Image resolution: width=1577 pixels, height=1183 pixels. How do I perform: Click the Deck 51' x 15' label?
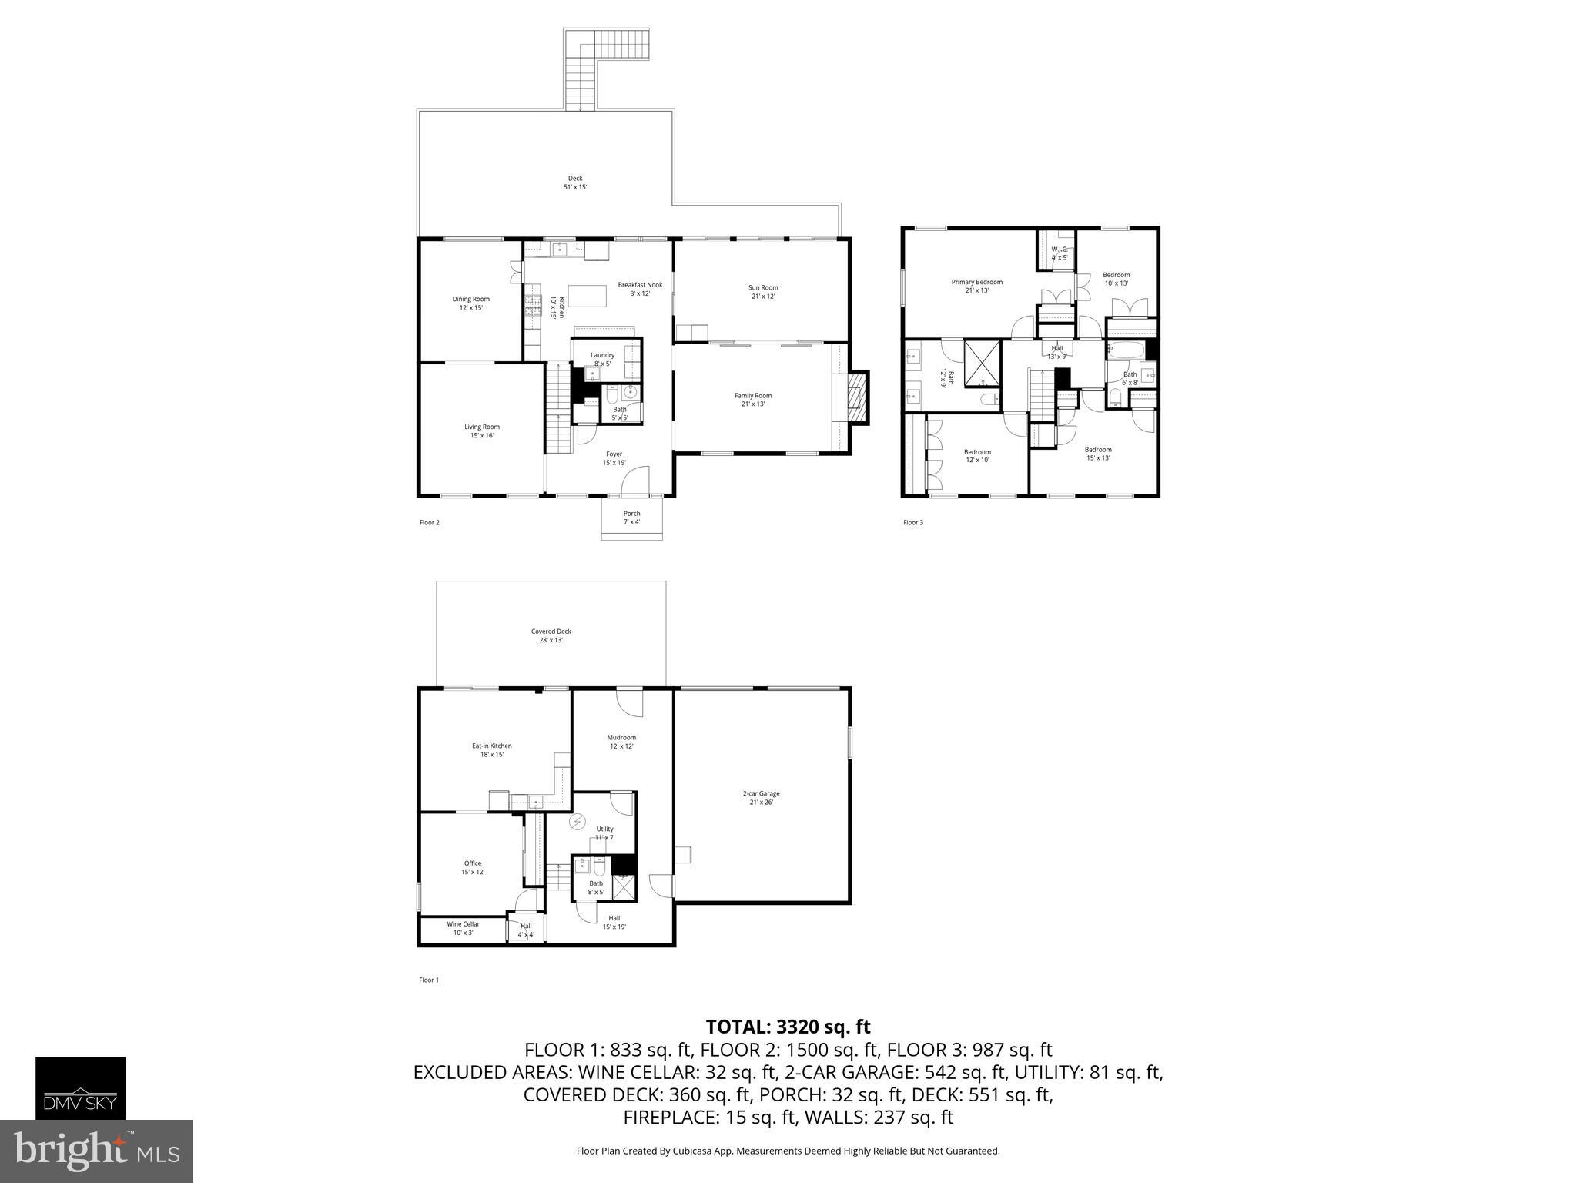tap(575, 183)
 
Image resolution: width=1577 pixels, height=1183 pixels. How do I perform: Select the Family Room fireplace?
tap(855, 397)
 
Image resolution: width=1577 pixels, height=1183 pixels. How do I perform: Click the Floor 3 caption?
tap(912, 523)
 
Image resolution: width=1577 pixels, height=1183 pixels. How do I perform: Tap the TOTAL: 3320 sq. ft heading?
tap(788, 1027)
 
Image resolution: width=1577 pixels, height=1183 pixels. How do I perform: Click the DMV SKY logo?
tap(80, 1087)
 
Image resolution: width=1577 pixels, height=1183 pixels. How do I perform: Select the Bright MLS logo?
tap(96, 1151)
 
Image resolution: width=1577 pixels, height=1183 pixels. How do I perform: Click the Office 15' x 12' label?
tap(473, 867)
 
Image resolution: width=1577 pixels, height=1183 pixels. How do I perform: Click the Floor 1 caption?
tap(429, 980)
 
